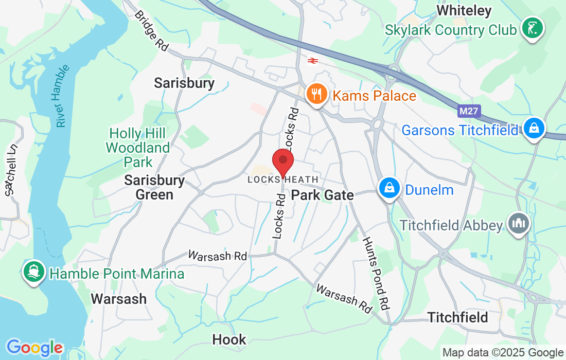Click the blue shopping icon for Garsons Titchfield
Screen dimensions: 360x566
(x=535, y=129)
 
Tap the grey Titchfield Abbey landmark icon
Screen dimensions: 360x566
(x=518, y=224)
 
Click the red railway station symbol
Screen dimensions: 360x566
(x=312, y=61)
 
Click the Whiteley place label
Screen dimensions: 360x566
(x=464, y=10)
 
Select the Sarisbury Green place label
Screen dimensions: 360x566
(x=154, y=188)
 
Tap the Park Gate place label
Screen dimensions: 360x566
(x=323, y=195)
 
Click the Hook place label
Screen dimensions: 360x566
(x=229, y=339)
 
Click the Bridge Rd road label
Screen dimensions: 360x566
(x=151, y=30)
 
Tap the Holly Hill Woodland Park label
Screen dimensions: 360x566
(x=137, y=148)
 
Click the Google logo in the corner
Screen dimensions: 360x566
(x=34, y=348)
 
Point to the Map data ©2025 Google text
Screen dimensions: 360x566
(x=503, y=353)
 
